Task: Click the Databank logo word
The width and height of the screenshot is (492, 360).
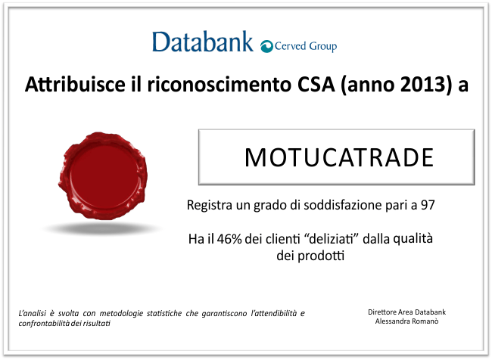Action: [203, 42]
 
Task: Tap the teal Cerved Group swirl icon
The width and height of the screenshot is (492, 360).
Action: [266, 46]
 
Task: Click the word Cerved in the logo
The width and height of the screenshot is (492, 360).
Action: [290, 46]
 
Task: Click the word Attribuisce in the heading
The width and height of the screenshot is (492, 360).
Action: [75, 84]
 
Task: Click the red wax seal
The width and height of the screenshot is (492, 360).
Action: [103, 175]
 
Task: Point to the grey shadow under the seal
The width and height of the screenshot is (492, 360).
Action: [103, 228]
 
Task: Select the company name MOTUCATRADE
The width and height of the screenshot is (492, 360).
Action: [339, 157]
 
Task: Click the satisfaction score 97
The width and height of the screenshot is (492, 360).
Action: [428, 205]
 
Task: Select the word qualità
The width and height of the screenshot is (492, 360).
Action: [413, 239]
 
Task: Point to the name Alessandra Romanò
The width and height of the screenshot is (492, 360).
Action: [406, 321]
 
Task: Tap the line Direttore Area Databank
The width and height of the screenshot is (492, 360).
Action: [406, 312]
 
